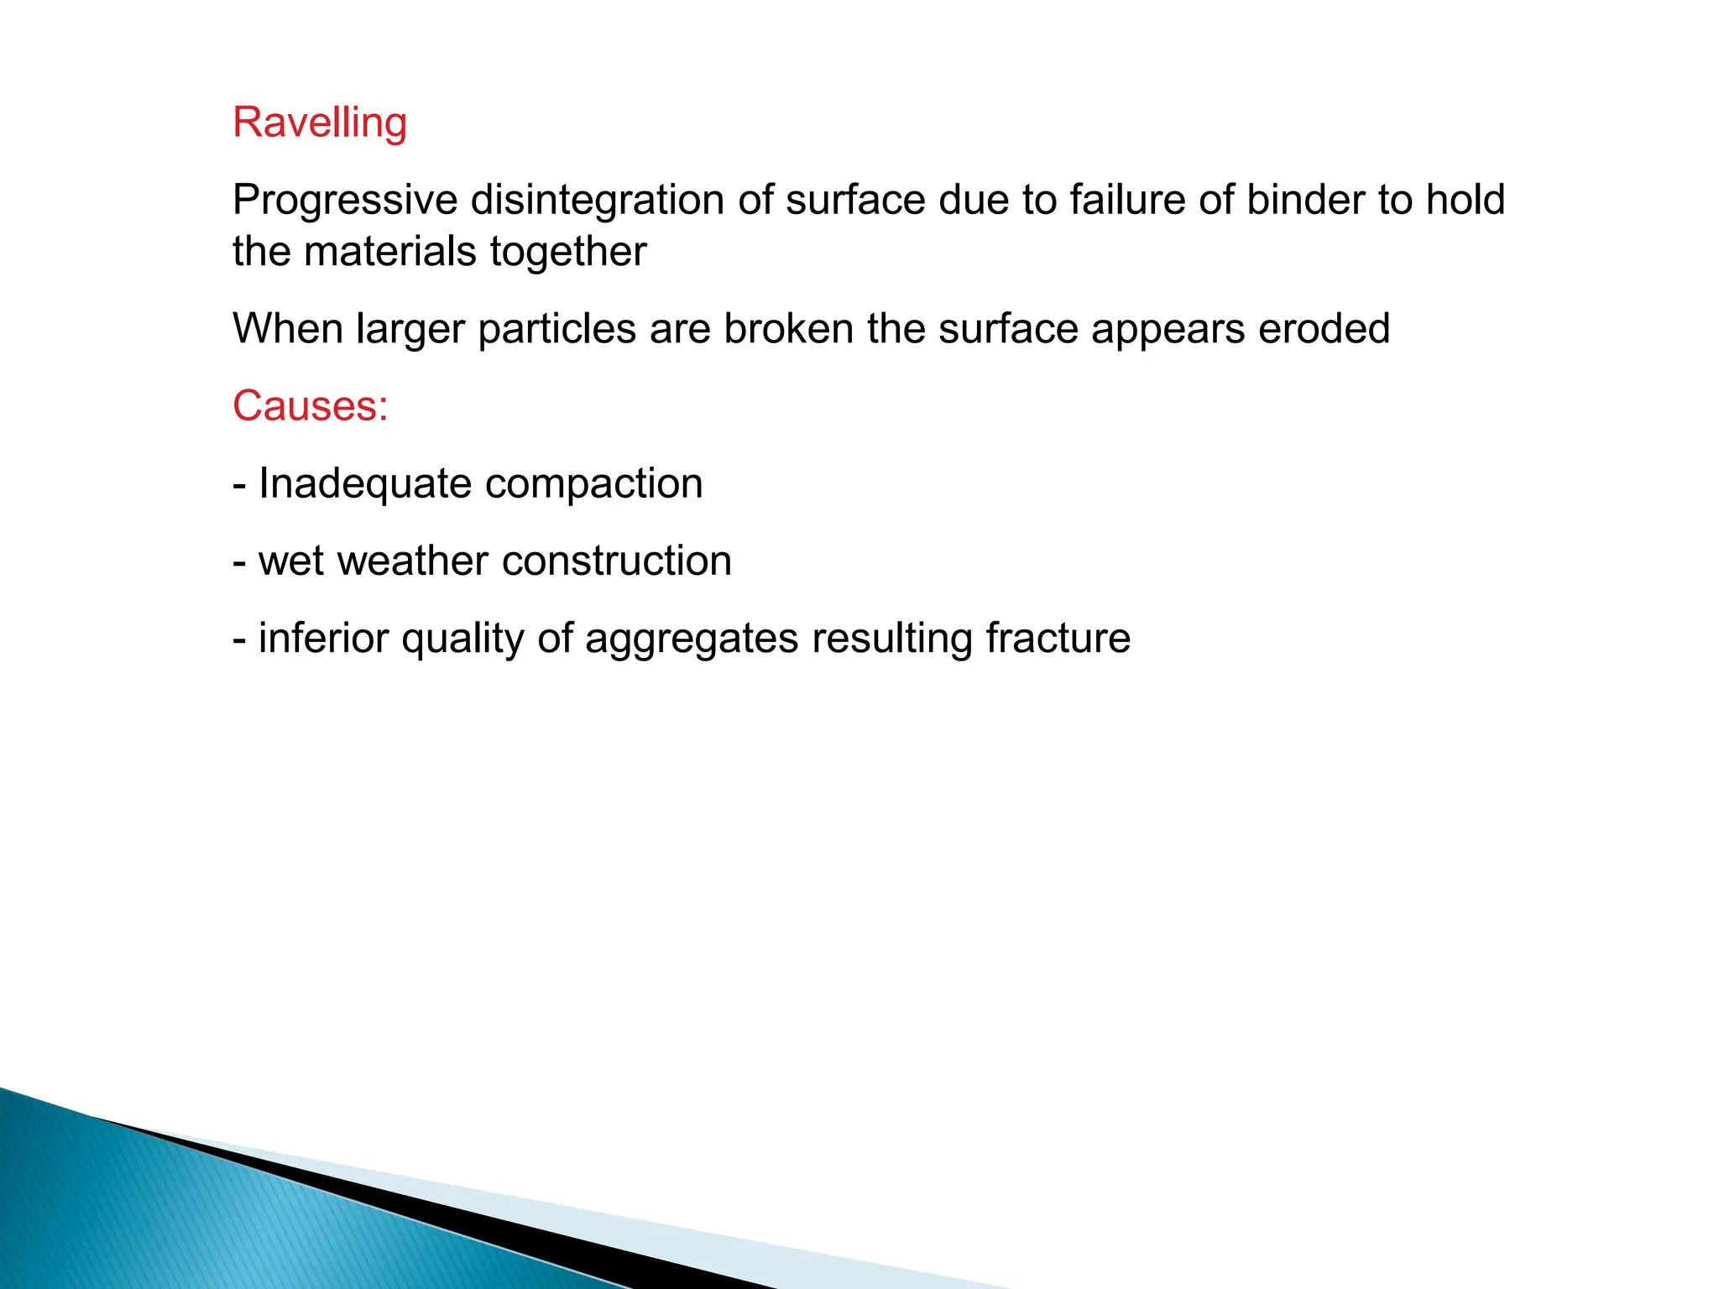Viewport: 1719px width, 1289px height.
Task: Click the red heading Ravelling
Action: point(320,123)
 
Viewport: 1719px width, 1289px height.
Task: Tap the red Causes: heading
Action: point(311,406)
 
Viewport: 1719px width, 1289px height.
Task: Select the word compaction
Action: point(593,484)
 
